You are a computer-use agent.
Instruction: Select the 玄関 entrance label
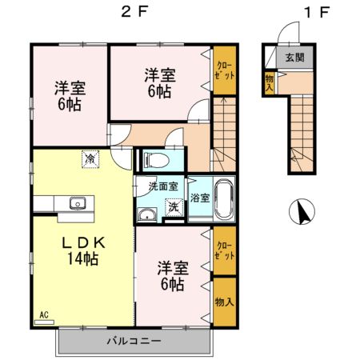295,58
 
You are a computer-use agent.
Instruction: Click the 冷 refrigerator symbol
90,159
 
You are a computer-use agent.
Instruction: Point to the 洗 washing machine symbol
171,206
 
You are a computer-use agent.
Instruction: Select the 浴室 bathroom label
199,198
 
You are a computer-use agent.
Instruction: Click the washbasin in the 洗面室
146,216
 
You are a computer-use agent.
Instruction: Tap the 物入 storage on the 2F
224,302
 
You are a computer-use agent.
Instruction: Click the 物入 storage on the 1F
270,82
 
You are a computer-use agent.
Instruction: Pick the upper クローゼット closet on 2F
223,70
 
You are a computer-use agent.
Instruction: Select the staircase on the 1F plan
300,132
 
